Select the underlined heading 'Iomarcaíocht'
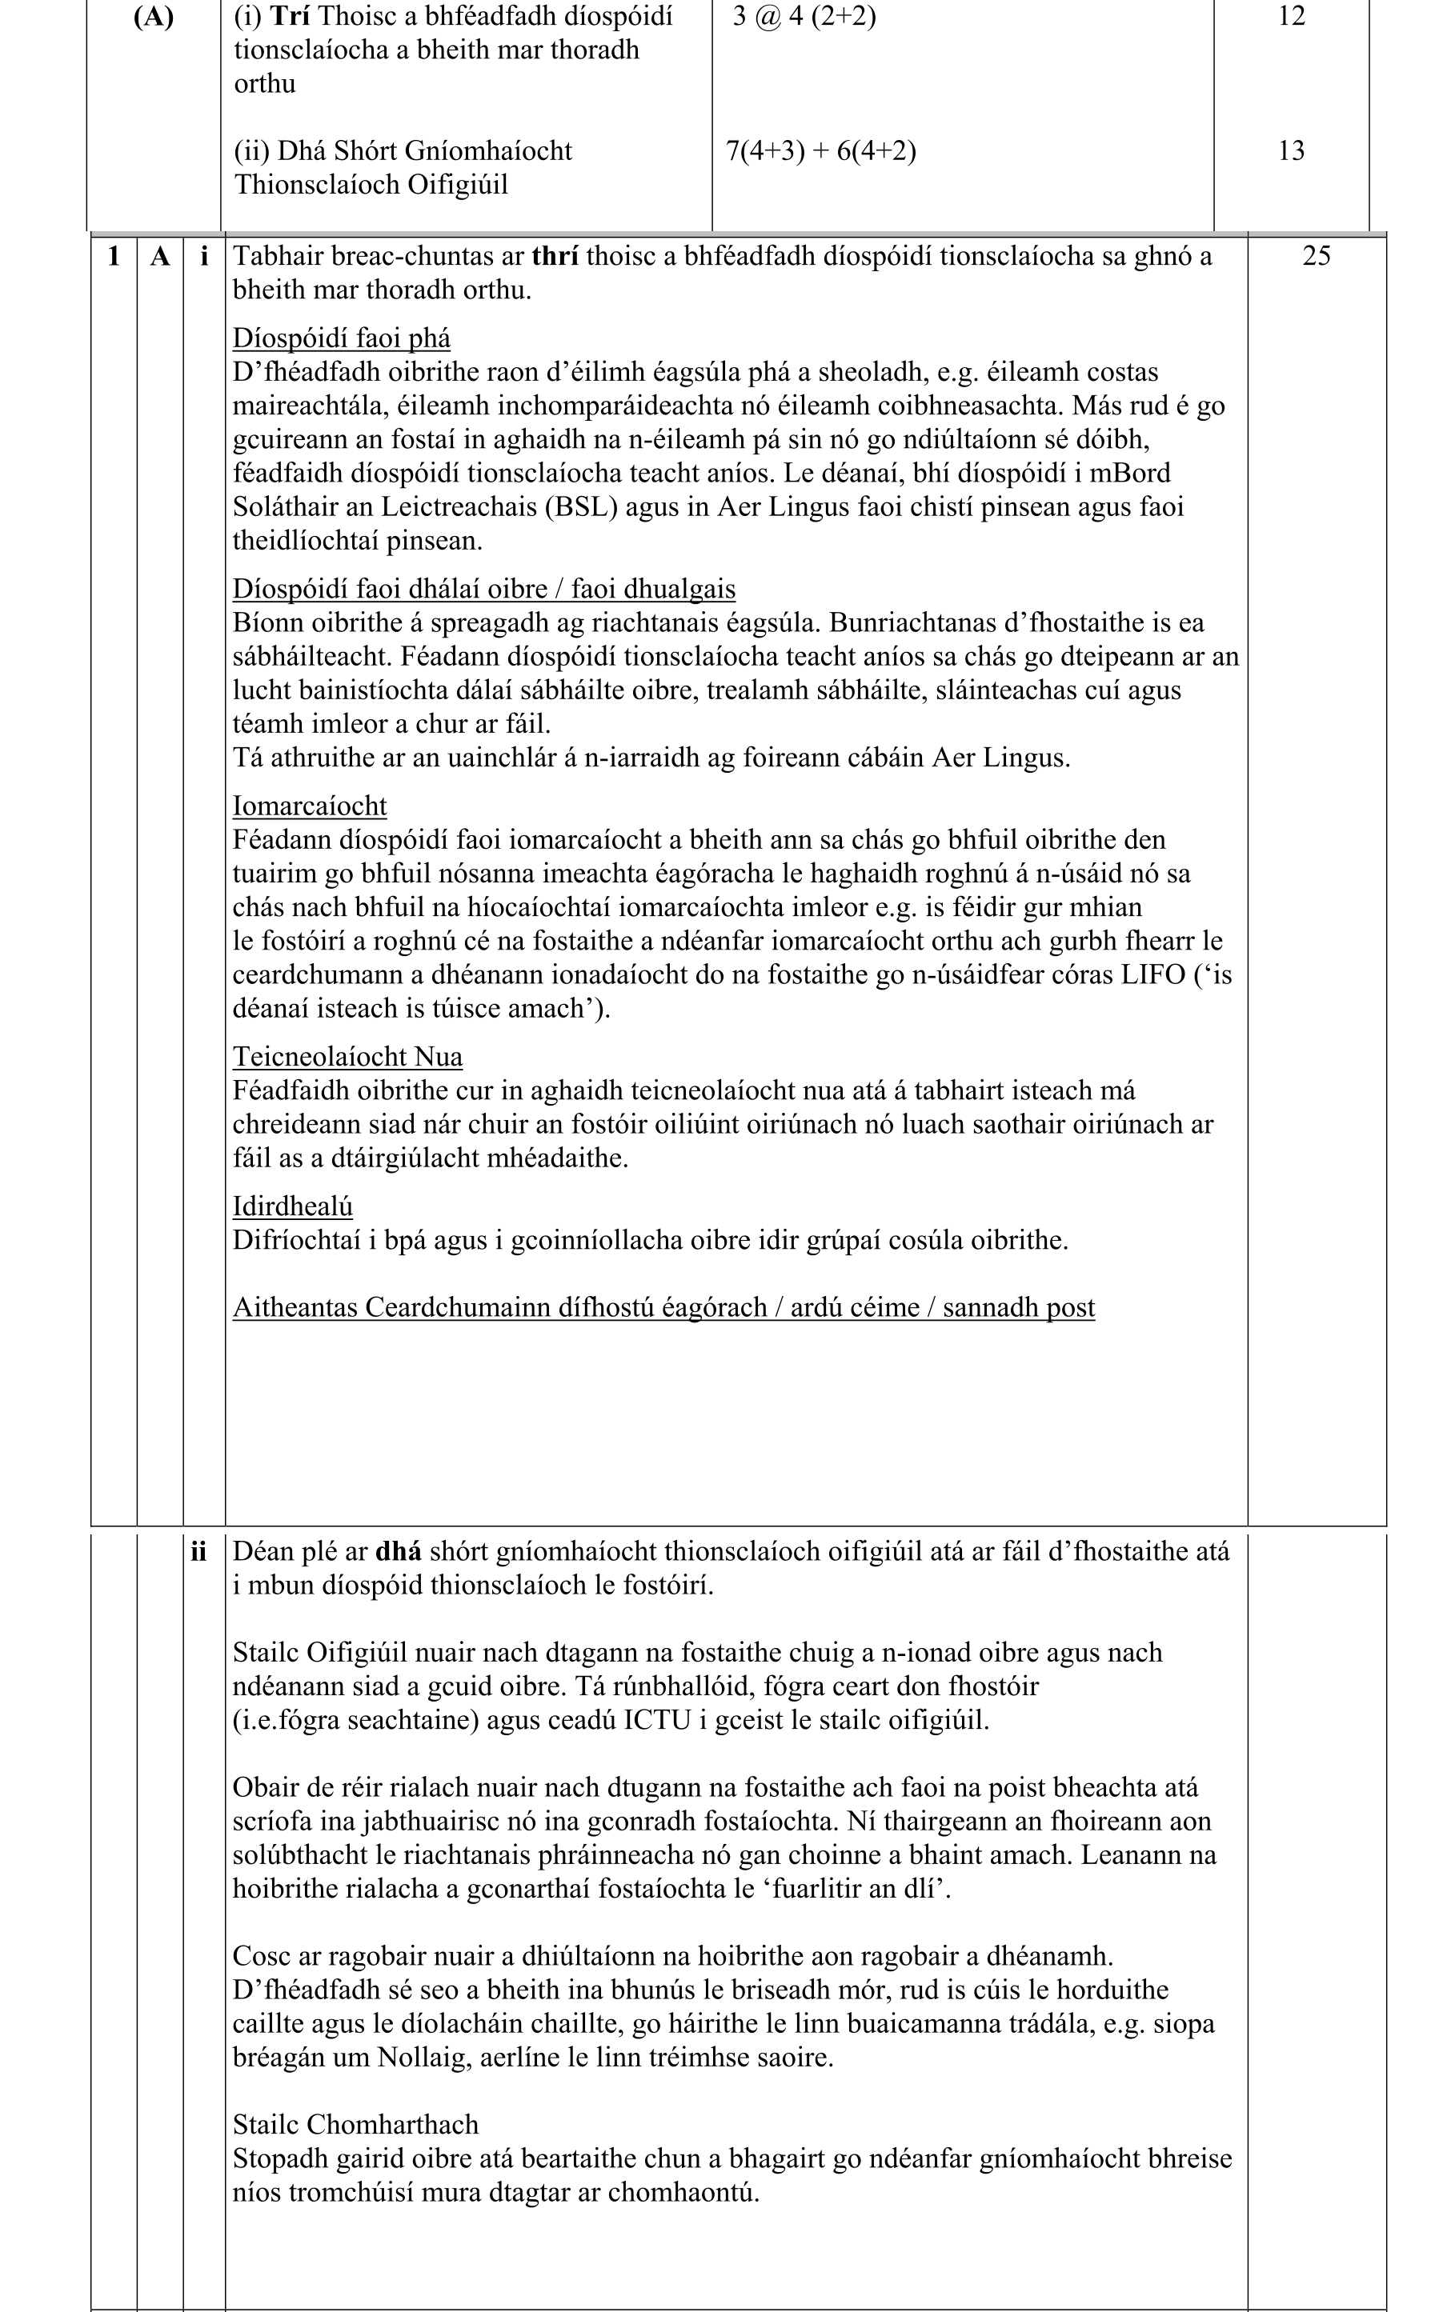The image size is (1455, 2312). coord(309,806)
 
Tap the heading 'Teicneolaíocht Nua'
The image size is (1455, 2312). coord(347,1056)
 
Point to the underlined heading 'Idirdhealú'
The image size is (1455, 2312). coord(292,1206)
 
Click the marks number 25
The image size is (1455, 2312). coord(1316,255)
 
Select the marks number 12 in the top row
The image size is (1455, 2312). coord(1291,16)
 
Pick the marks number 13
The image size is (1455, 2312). coord(1291,150)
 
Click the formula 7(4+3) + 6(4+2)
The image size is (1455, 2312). coord(820,150)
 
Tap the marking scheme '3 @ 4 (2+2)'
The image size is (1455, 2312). coord(804,16)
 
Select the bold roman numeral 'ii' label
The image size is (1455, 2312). coord(198,1551)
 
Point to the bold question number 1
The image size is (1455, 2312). coord(114,255)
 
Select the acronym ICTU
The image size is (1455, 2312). coord(657,1719)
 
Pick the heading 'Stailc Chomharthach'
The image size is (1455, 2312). coord(355,2125)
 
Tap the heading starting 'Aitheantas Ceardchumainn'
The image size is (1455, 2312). coord(663,1308)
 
